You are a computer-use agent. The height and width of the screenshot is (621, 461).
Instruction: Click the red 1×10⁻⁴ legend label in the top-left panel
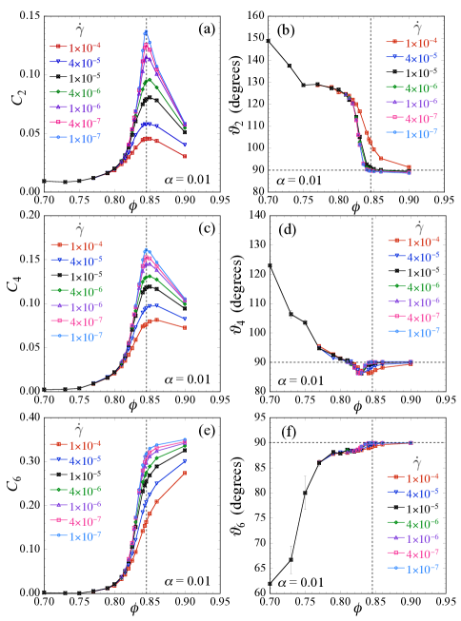(x=85, y=46)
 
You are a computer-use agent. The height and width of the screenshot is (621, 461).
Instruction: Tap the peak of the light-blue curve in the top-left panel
(x=146, y=32)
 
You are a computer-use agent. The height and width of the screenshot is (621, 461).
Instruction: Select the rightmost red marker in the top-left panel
(x=186, y=156)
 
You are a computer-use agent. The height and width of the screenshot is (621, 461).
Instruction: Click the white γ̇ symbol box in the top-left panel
(x=80, y=29)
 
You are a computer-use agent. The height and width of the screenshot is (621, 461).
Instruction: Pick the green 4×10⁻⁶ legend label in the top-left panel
(x=85, y=92)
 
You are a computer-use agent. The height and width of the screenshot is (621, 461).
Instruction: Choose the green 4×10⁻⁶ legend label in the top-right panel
(x=421, y=87)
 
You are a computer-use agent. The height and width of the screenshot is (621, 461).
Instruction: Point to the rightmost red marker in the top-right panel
(x=410, y=167)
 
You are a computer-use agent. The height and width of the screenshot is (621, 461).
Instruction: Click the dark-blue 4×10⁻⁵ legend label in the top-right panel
(x=421, y=58)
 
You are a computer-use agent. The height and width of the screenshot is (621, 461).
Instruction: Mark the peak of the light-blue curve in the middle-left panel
(x=146, y=250)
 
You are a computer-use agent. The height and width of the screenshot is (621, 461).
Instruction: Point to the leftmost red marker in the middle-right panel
(x=318, y=345)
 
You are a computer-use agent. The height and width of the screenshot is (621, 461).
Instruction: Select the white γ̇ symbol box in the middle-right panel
(x=419, y=225)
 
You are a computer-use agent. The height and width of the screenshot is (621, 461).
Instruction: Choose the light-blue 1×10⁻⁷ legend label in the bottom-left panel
(x=85, y=536)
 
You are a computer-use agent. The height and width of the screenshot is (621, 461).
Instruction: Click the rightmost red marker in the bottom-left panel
(x=186, y=473)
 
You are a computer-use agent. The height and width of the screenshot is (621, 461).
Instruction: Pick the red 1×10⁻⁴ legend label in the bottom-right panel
(x=423, y=477)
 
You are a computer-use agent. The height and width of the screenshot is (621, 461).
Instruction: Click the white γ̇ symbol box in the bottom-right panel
(x=419, y=461)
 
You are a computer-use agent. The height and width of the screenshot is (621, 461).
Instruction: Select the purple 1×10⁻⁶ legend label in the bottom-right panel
(x=423, y=538)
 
